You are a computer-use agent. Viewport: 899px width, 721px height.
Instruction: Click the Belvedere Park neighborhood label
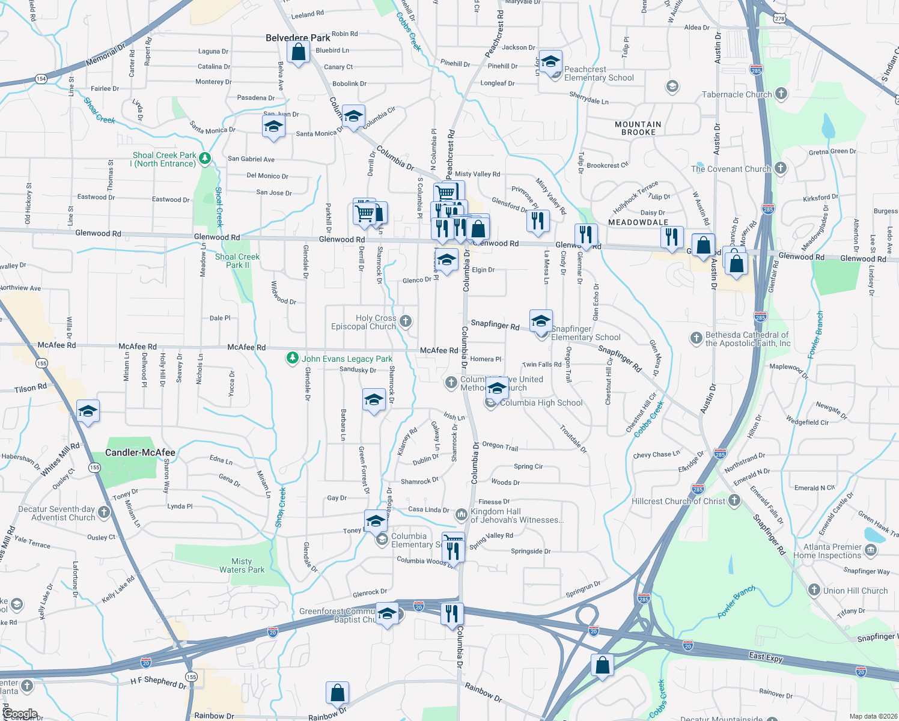(x=298, y=38)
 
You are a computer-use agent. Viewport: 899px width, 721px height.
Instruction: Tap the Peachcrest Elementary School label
(x=599, y=74)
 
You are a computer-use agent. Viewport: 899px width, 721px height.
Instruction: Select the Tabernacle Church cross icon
(x=781, y=93)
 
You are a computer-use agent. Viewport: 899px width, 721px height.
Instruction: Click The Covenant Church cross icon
(x=780, y=168)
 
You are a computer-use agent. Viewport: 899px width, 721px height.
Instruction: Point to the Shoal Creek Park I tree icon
(x=205, y=158)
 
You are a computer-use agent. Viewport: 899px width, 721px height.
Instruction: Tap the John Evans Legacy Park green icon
(x=292, y=358)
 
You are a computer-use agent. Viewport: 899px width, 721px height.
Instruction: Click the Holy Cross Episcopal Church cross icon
(x=406, y=321)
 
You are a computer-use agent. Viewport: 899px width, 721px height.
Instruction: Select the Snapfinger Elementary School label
(x=585, y=333)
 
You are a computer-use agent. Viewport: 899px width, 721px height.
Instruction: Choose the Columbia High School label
(x=541, y=403)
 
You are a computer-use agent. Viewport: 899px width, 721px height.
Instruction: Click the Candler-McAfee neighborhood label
(x=140, y=452)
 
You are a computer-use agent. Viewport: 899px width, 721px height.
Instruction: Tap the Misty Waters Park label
(x=242, y=565)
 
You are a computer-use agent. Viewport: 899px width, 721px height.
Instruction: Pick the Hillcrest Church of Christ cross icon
(x=734, y=500)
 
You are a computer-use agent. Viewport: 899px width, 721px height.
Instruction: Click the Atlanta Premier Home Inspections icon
(x=870, y=550)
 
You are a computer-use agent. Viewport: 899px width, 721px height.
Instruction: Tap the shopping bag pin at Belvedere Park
(x=299, y=52)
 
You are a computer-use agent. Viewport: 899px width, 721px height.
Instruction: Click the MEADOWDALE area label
(x=638, y=222)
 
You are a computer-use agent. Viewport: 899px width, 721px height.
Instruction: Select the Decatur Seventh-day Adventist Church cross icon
(x=104, y=512)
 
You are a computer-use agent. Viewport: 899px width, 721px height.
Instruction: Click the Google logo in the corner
(x=20, y=714)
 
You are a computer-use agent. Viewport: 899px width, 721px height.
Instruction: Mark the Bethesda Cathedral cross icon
(x=696, y=338)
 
